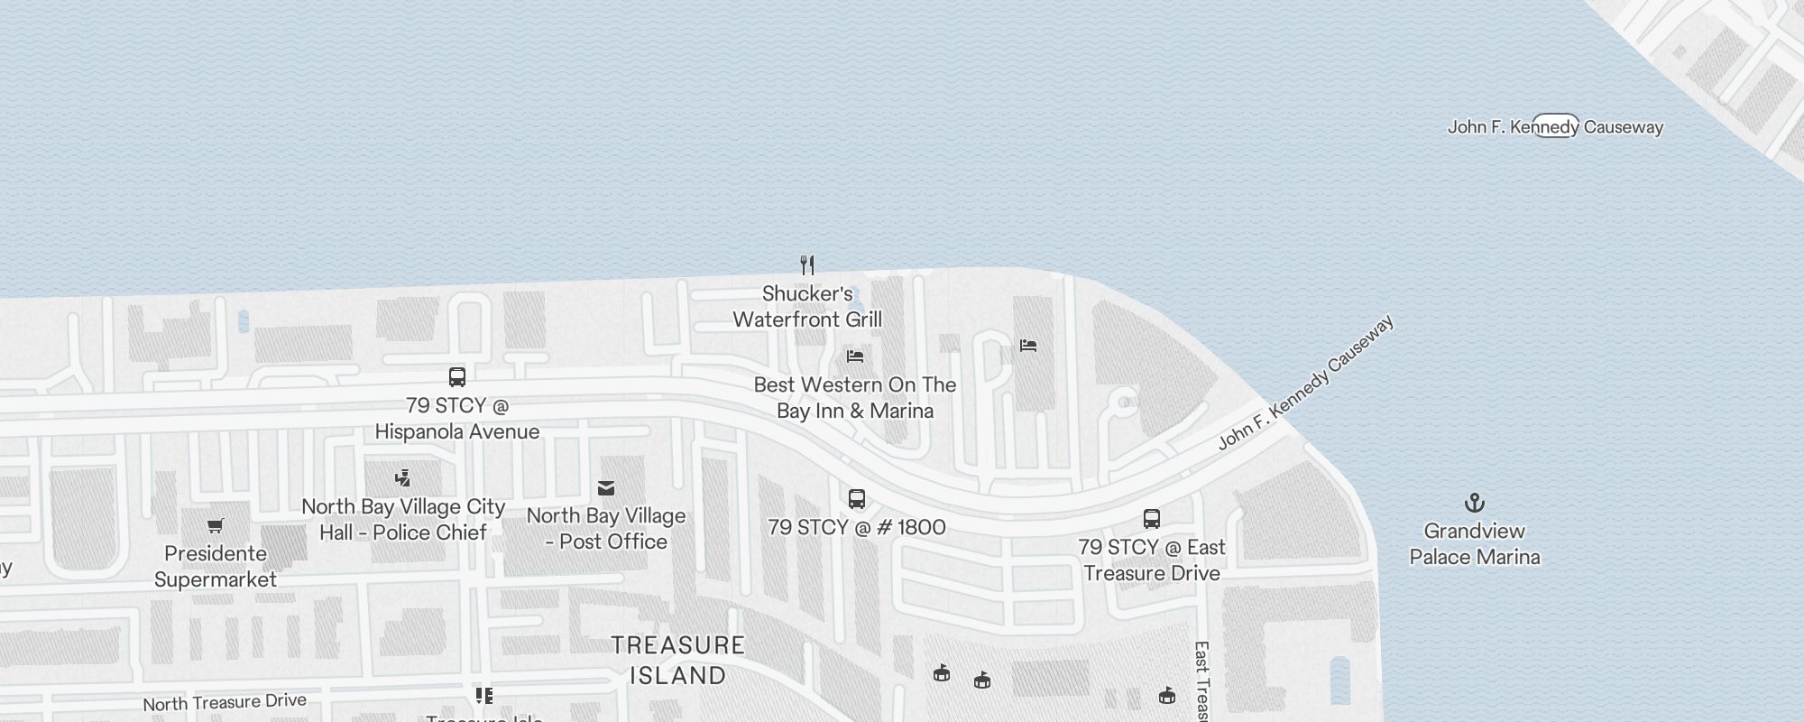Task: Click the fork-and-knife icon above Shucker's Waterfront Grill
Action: tap(807, 265)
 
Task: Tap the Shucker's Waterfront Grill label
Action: tap(807, 307)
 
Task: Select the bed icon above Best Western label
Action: tap(855, 356)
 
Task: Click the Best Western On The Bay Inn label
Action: tap(855, 398)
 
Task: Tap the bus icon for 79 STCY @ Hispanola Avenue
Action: tap(457, 377)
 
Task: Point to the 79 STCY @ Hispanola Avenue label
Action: tap(457, 419)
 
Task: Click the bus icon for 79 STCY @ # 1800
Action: tap(857, 498)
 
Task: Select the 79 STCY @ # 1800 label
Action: tap(857, 528)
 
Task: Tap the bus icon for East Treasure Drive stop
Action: tap(1152, 519)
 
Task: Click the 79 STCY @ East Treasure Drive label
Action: tap(1152, 560)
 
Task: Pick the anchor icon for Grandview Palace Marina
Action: tap(1474, 503)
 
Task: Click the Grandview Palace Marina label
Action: tap(1474, 544)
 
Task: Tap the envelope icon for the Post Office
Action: tap(606, 488)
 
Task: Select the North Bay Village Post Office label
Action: tap(606, 529)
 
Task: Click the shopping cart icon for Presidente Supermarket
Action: tap(216, 525)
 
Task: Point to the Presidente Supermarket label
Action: tap(216, 567)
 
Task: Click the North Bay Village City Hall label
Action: tap(403, 520)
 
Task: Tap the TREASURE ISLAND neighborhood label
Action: tap(678, 661)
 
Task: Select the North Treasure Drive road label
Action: tap(225, 702)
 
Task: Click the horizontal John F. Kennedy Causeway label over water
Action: tap(1555, 127)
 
